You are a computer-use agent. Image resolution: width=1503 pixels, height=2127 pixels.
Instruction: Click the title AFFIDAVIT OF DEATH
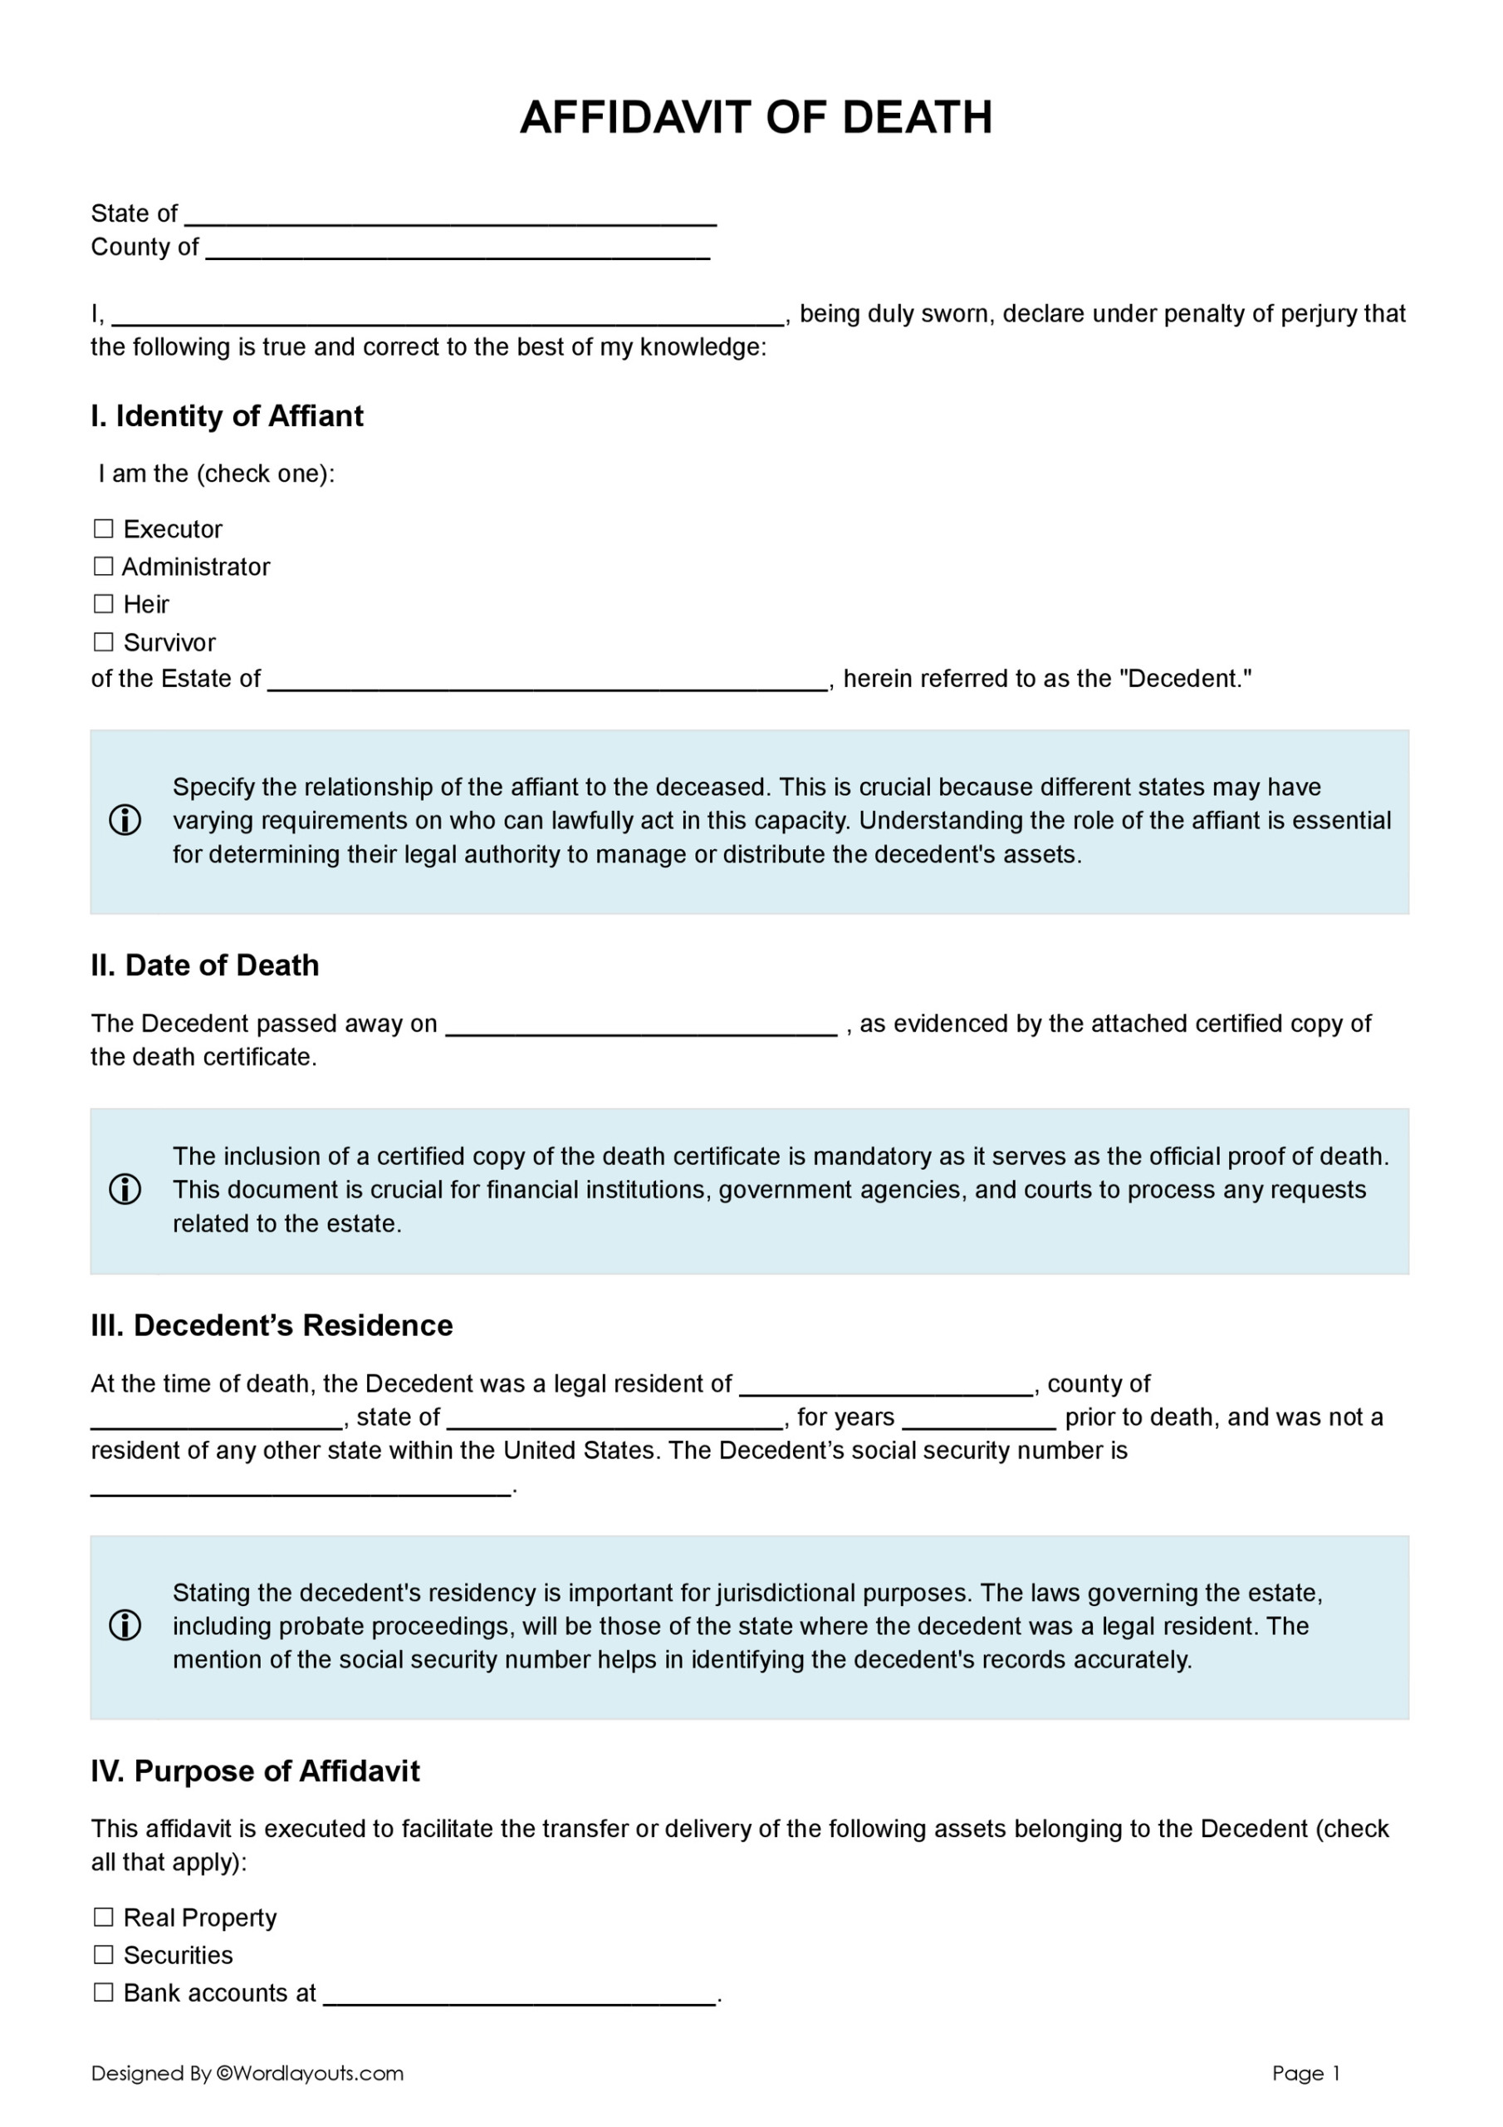pos(755,118)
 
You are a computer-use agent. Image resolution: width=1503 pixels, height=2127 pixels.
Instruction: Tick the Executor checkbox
pos(104,529)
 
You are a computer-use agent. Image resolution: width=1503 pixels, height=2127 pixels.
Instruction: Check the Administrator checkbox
pos(104,566)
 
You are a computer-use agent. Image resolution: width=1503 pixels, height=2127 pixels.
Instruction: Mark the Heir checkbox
pos(104,604)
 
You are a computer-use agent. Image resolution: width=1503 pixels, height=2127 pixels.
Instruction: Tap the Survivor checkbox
pos(104,642)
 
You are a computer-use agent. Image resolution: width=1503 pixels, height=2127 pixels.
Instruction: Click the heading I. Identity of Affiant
pos(227,416)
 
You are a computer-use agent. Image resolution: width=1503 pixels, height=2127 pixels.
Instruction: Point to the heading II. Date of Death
pos(204,965)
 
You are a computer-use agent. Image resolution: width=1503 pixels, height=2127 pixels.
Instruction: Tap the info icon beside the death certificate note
pos(125,1190)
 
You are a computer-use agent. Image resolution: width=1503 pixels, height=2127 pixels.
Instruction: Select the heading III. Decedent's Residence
pos(272,1326)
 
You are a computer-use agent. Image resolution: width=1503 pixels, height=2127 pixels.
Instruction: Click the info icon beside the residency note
pos(125,1626)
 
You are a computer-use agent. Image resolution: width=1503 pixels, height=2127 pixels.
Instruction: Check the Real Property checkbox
pos(104,1917)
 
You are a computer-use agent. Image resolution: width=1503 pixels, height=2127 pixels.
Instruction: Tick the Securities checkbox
pos(104,1955)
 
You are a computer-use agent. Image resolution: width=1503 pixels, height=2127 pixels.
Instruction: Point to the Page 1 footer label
pos(1305,2073)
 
